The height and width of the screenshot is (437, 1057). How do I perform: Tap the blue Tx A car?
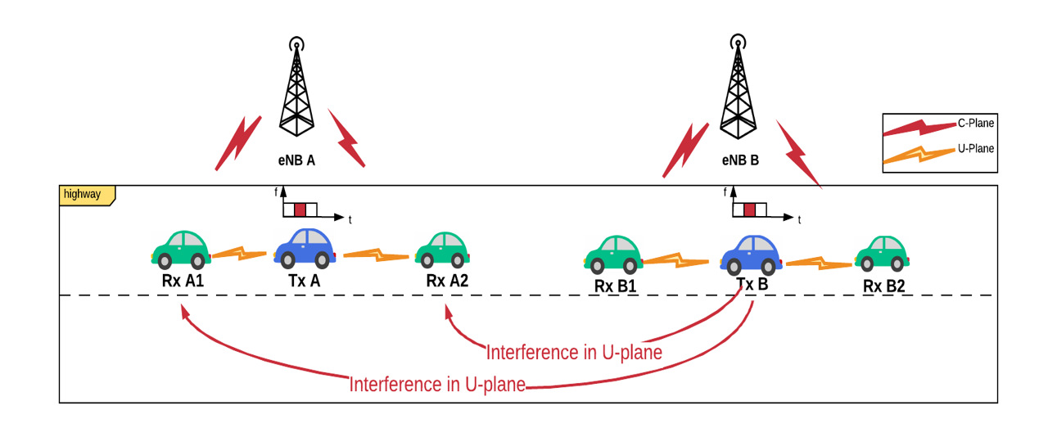305,248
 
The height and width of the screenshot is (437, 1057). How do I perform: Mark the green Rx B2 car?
881,254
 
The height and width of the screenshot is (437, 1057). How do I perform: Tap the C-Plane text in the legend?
975,124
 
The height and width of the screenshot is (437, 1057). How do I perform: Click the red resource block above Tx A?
300,209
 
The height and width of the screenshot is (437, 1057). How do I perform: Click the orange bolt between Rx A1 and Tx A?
240,254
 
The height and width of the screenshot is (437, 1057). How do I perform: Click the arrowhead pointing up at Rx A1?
183,312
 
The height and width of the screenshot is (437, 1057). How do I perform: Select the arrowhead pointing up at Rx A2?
447,311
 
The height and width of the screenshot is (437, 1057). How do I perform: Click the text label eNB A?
296,161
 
